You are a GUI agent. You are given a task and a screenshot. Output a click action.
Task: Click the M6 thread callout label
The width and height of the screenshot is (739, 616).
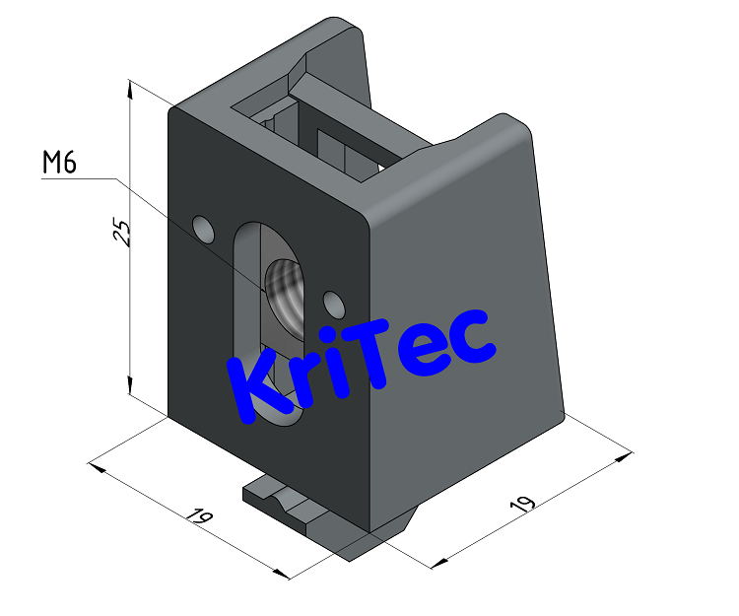(x=59, y=164)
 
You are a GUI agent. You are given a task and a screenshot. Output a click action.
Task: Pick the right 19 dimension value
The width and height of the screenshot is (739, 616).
(x=521, y=504)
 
